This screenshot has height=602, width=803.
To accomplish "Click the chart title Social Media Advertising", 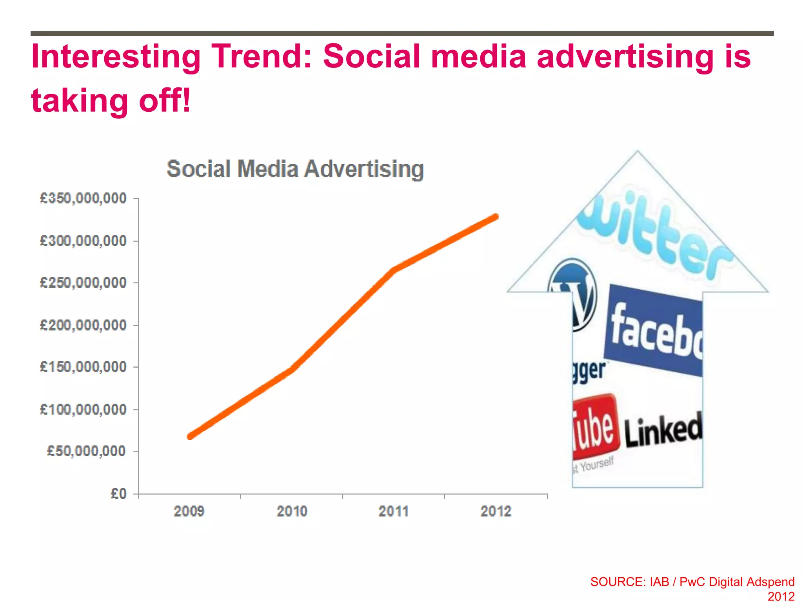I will [x=295, y=169].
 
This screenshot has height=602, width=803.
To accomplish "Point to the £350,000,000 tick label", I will [x=83, y=198].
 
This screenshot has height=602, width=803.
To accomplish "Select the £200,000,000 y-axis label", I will [x=83, y=325].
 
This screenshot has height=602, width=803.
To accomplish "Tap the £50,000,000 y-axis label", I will [x=86, y=451].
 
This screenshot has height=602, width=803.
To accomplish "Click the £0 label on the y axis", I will [x=118, y=493].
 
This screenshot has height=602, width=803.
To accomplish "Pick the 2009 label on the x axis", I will [x=189, y=511].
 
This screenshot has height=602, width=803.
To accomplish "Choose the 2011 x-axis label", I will [x=393, y=511].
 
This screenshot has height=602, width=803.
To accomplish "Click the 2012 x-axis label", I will [x=496, y=511].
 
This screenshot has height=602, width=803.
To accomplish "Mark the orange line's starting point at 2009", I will [x=190, y=436].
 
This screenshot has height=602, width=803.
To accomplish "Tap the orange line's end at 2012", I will [x=496, y=216].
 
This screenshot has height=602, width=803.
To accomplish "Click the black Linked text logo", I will [x=663, y=430].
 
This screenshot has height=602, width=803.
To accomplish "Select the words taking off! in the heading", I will [x=111, y=100].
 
